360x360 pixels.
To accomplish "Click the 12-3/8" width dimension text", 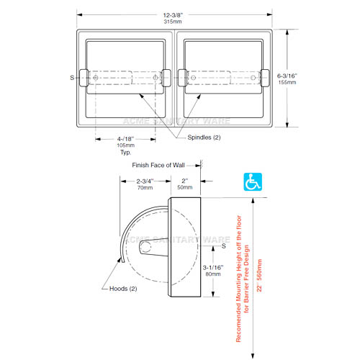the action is click(173, 15).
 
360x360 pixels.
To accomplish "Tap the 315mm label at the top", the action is click(173, 22).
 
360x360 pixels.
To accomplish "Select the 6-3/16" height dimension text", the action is click(287, 76).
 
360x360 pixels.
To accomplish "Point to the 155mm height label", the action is click(287, 82).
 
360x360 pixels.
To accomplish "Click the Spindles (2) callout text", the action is click(204, 138).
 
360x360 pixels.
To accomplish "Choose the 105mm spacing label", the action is click(126, 145).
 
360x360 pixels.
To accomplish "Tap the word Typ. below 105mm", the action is click(126, 153).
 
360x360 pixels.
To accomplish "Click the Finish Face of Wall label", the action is click(158, 165).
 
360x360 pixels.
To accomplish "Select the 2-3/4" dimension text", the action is click(145, 181).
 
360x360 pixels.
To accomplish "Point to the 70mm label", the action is click(145, 188).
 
